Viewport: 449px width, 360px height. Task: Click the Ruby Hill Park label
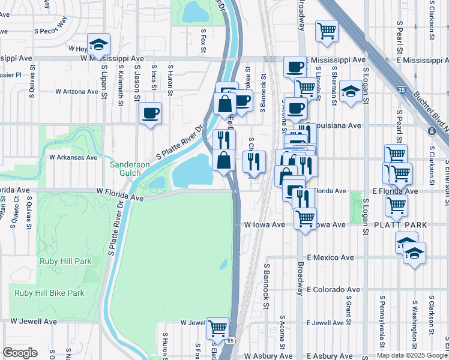coord(65,261)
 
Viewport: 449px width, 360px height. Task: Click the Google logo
coord(20,353)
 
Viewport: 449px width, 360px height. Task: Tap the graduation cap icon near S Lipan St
coord(98,45)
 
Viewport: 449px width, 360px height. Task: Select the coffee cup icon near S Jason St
coord(150,113)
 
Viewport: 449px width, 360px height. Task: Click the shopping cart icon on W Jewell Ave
coord(217,329)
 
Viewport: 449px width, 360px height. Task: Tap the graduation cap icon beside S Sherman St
coord(351,92)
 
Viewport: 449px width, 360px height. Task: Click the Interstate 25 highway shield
coord(401,90)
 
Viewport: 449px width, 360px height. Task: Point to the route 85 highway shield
coord(232,340)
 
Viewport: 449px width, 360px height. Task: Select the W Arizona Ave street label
coord(76,92)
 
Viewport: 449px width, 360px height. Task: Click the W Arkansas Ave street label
coord(73,157)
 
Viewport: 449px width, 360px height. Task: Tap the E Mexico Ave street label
coord(330,257)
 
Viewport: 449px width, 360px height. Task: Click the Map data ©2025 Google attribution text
coord(411,355)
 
